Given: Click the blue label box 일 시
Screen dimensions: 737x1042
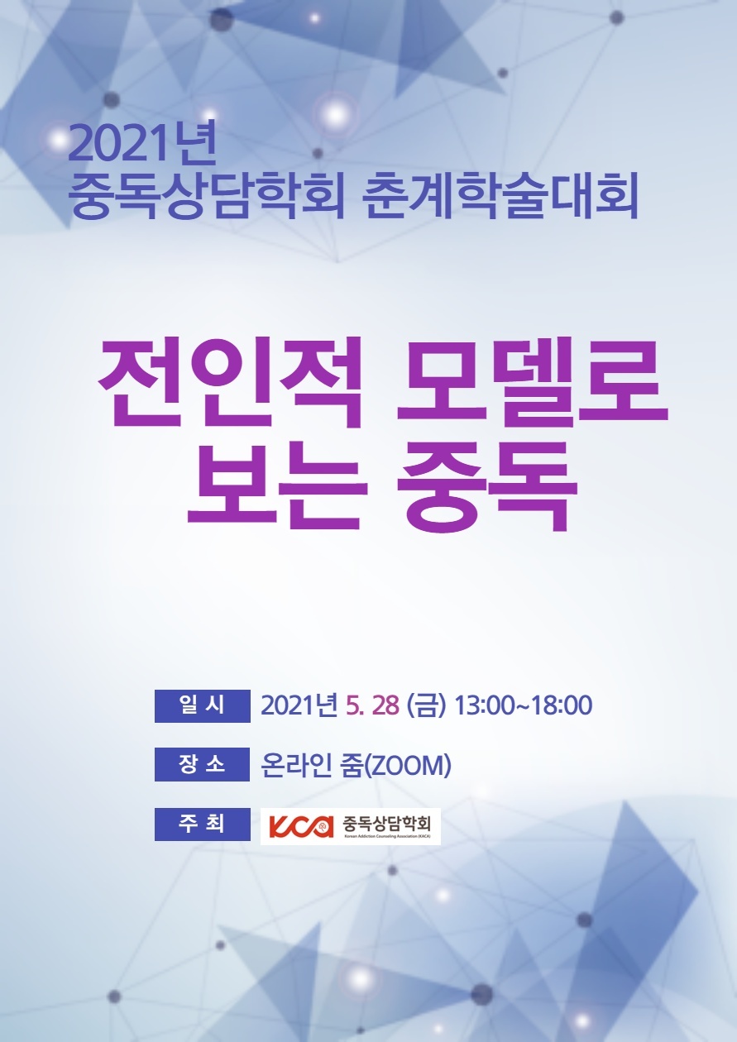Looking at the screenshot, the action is (x=203, y=705).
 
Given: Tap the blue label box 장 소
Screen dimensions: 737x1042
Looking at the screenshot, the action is (x=203, y=764).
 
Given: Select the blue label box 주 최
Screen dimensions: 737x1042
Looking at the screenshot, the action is (x=203, y=824).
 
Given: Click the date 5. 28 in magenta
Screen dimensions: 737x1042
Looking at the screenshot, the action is (x=372, y=705).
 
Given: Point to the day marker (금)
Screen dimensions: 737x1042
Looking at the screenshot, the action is (x=426, y=705).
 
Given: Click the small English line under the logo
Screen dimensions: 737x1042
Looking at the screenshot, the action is (x=386, y=837).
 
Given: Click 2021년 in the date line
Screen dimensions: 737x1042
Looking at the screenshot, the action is (x=299, y=705).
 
